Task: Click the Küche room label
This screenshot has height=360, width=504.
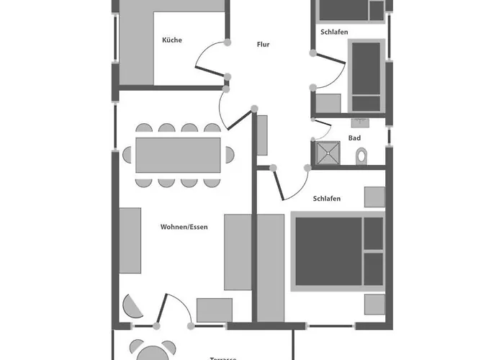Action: pyautogui.click(x=172, y=40)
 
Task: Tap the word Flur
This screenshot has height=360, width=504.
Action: pyautogui.click(x=263, y=45)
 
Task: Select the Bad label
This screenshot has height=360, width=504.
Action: pyautogui.click(x=354, y=138)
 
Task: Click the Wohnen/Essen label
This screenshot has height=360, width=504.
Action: pyautogui.click(x=184, y=228)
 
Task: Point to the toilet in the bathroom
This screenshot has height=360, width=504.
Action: pyautogui.click(x=361, y=155)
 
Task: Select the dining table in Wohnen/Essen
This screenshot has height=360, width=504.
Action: pyautogui.click(x=178, y=155)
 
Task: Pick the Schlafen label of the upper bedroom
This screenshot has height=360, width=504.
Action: pyautogui.click(x=335, y=32)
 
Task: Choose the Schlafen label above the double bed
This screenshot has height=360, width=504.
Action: pyautogui.click(x=327, y=198)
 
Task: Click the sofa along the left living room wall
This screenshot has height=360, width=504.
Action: pyautogui.click(x=130, y=240)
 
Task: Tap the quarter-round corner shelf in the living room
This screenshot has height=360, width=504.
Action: pyautogui.click(x=132, y=307)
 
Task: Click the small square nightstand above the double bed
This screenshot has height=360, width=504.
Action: pyautogui.click(x=374, y=197)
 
